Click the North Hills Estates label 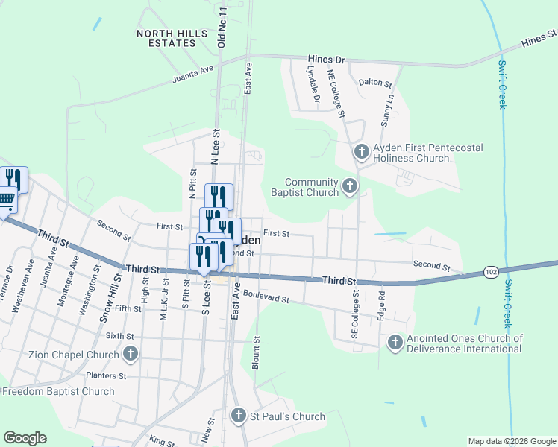point(166,38)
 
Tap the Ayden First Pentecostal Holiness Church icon point(361,153)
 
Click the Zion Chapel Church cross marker point(131,353)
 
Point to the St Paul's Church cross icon point(238,416)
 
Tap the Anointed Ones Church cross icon point(395,343)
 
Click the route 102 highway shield point(490,273)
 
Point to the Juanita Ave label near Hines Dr point(192,73)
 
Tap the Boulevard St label point(265,297)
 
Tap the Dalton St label point(375,83)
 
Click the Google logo point(25,438)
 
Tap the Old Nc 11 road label point(222,26)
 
